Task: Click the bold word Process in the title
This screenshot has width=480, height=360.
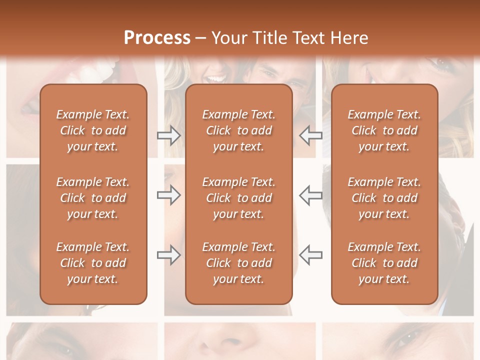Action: pos(157,38)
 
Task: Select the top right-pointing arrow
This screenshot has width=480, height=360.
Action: pos(168,135)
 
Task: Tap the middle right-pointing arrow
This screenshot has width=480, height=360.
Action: pos(168,195)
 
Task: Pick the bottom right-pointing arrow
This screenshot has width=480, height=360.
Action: pos(168,255)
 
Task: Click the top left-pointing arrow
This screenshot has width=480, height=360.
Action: pos(310,135)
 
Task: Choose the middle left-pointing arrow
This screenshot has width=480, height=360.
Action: pos(310,195)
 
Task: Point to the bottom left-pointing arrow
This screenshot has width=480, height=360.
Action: pos(310,255)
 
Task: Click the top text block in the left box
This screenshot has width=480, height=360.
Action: pos(93,130)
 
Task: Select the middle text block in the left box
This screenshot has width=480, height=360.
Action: pos(93,198)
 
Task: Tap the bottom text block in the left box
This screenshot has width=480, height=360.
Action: pos(93,263)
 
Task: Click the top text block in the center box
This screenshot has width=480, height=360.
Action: pos(238,130)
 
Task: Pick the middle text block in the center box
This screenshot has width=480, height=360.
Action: pos(238,198)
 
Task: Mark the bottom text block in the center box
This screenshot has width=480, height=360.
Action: pos(238,263)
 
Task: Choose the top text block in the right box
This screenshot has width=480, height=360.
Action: pos(384,130)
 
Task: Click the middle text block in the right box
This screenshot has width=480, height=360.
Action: pos(384,198)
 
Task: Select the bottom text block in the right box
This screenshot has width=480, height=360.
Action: pos(384,263)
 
